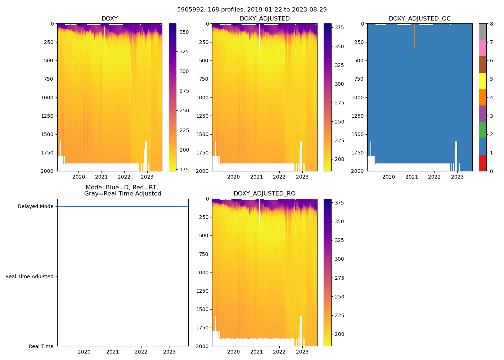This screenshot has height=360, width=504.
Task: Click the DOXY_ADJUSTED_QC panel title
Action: tap(419, 19)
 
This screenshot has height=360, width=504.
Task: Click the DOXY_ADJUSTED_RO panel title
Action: tap(265, 194)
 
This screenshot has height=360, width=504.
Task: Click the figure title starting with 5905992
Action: tap(252, 10)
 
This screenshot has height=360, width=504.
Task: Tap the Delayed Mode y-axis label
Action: tap(35, 207)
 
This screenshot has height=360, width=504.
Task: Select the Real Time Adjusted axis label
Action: tap(30, 276)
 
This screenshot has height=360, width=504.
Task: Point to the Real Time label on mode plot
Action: tap(41, 346)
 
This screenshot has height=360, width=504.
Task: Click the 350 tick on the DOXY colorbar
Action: tap(184, 32)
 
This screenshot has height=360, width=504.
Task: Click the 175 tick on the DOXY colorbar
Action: tap(184, 169)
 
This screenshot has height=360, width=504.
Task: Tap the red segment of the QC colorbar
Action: tap(482, 163)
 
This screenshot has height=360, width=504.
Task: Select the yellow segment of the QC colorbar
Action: tap(482, 81)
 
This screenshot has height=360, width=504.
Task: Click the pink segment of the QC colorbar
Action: tap(482, 48)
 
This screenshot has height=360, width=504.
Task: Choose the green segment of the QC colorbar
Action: tap(482, 130)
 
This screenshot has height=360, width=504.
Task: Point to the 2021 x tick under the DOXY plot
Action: tap(102, 177)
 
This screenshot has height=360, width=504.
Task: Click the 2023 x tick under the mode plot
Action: tap(170, 352)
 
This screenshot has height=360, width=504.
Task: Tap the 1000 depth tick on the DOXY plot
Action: tap(48, 98)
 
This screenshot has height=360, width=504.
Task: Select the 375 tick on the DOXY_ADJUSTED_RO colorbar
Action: tap(339, 203)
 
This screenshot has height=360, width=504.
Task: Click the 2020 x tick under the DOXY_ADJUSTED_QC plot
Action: tap(389, 177)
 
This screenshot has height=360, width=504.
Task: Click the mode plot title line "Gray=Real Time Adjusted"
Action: tap(122, 194)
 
